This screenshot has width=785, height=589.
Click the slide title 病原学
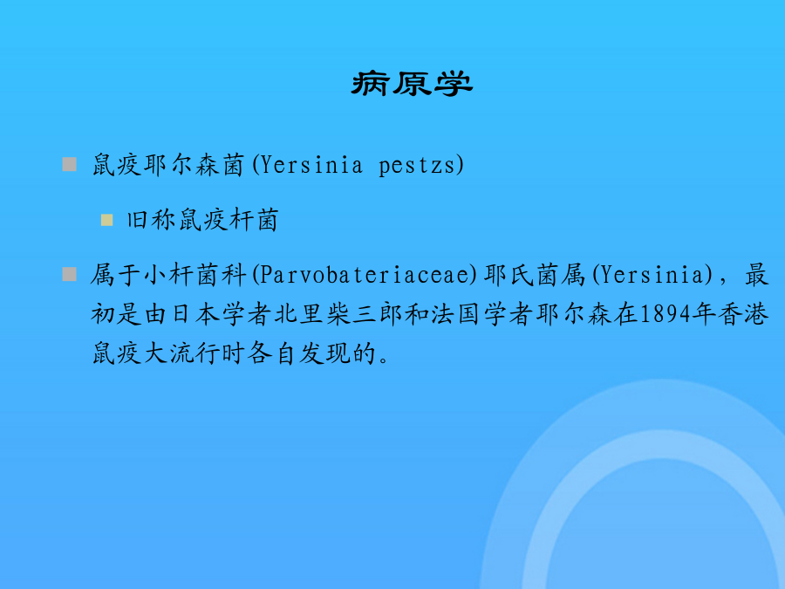click(412, 83)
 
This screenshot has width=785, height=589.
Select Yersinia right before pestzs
click(311, 164)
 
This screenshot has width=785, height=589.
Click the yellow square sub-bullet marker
click(106, 220)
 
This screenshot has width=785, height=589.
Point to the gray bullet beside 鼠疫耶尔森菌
click(69, 164)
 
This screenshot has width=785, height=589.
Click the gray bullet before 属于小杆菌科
click(69, 274)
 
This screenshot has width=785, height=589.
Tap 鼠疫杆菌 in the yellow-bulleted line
click(229, 220)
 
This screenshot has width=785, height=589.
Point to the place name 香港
click(743, 314)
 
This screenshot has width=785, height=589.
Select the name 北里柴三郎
click(339, 314)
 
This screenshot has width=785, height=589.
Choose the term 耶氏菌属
click(535, 275)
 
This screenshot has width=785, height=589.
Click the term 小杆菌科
click(195, 275)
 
